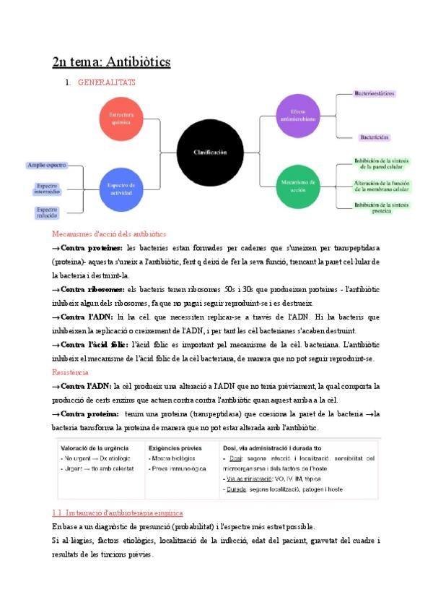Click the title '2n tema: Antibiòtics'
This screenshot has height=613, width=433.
(111, 61)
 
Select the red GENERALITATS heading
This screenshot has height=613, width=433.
(106, 82)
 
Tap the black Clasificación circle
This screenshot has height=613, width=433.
(209, 153)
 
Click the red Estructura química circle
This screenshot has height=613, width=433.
(121, 118)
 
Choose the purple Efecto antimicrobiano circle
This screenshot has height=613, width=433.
(298, 115)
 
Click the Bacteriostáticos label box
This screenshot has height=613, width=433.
(375, 94)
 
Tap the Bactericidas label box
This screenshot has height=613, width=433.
(375, 137)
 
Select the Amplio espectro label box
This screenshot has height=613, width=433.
(46, 166)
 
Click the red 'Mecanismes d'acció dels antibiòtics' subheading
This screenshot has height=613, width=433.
(109, 234)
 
